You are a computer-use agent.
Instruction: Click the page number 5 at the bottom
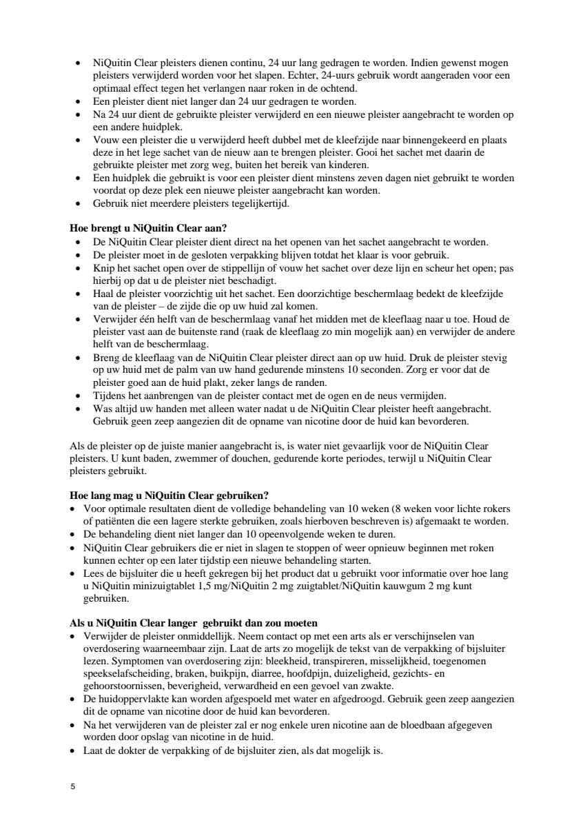click(73, 787)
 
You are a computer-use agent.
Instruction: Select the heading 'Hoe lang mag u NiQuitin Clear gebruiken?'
click(170, 496)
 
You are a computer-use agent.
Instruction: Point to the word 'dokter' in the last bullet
click(130, 751)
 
